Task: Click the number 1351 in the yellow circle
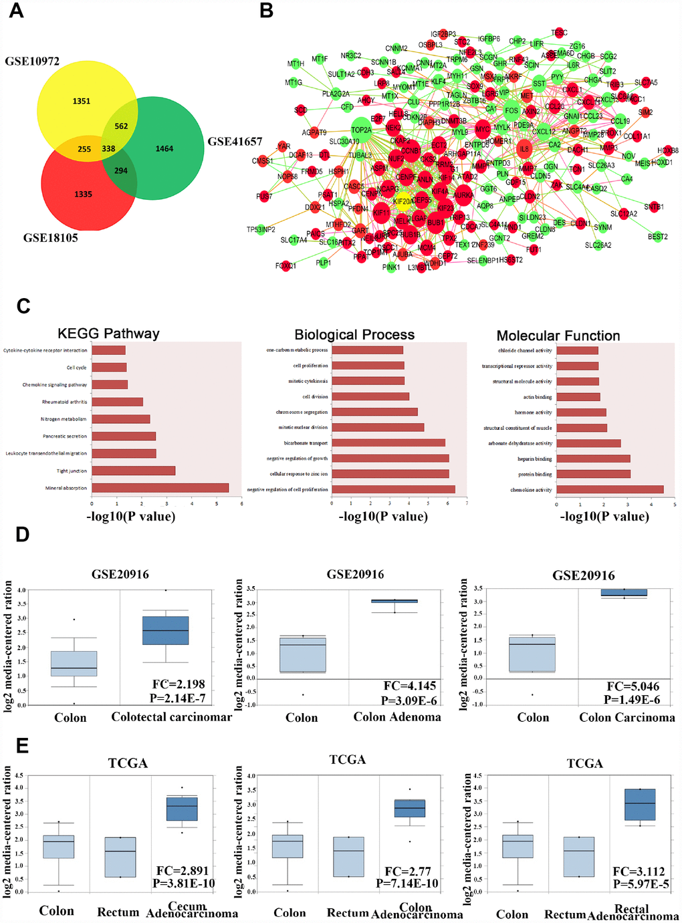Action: point(82,101)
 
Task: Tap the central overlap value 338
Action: point(108,149)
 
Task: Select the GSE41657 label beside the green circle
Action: point(235,141)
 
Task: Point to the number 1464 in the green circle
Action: point(164,148)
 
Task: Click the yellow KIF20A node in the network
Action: point(403,201)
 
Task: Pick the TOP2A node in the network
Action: point(361,130)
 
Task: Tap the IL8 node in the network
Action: point(524,149)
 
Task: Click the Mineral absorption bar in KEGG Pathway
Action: point(160,488)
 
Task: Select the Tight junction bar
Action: point(134,471)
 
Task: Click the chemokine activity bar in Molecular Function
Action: point(610,490)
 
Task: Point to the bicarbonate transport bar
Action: point(388,442)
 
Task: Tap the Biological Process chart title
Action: point(354,334)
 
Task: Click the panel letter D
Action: point(23,535)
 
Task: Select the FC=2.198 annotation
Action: point(179,684)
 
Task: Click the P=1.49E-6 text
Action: point(632,699)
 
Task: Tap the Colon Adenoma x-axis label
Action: point(397,717)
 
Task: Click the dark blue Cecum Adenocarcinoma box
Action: point(182,809)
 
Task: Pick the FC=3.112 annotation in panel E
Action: point(639,871)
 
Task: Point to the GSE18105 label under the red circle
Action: point(51,237)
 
